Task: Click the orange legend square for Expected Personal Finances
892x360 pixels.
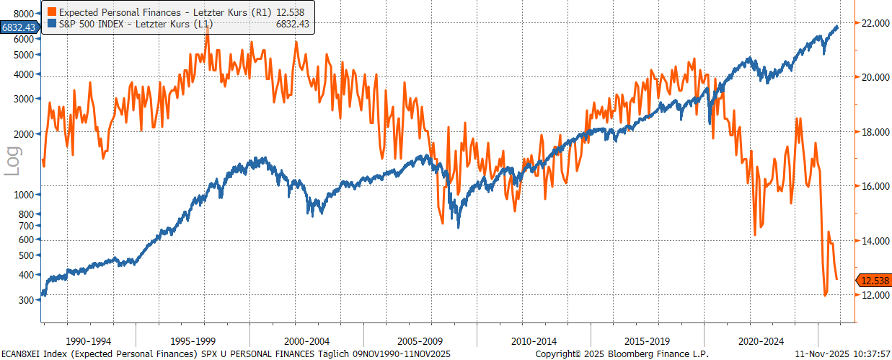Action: [x=50, y=12]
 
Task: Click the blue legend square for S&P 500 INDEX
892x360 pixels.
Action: [x=50, y=24]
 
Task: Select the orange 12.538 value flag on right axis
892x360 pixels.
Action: [x=873, y=281]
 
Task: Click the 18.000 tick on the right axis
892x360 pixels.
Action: [x=873, y=132]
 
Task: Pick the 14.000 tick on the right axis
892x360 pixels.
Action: [x=873, y=241]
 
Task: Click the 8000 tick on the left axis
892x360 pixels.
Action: [x=24, y=14]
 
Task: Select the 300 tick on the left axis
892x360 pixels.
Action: [x=27, y=299]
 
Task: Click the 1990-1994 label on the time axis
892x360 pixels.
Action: [x=89, y=340]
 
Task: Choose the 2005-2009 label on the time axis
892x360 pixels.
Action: [x=420, y=340]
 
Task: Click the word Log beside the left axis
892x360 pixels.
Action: [x=13, y=160]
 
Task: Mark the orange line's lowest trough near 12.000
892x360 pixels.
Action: [x=825, y=294]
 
